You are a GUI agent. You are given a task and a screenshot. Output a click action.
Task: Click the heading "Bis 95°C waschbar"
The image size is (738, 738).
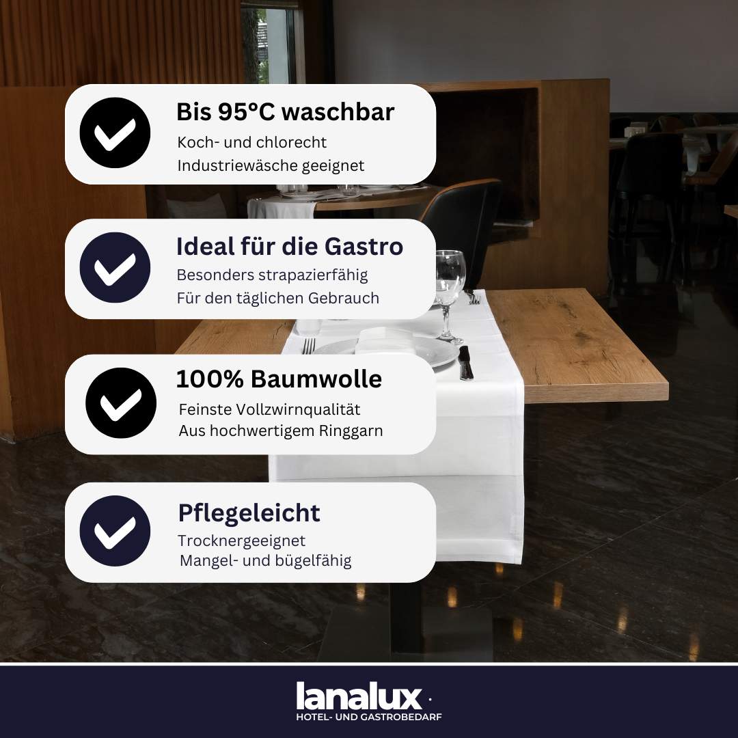pyautogui.click(x=285, y=112)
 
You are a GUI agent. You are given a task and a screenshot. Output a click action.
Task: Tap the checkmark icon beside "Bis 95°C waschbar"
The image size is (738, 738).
pyautogui.click(x=115, y=133)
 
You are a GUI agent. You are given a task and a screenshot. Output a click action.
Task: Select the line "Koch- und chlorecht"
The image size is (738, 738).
pyautogui.click(x=251, y=142)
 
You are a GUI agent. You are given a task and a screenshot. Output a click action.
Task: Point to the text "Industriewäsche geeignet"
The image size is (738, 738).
pyautogui.click(x=271, y=165)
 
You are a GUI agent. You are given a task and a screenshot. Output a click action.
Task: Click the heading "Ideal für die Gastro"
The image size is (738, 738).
pyautogui.click(x=290, y=247)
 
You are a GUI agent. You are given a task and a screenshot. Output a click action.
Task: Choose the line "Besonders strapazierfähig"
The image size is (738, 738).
pyautogui.click(x=272, y=275)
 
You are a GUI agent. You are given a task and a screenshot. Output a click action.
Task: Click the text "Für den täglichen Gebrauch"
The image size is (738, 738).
pyautogui.click(x=277, y=299)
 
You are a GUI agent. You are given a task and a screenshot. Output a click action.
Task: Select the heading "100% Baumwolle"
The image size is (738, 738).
pyautogui.click(x=279, y=379)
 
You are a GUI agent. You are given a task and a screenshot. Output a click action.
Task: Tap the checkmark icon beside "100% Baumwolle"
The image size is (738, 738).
pyautogui.click(x=121, y=403)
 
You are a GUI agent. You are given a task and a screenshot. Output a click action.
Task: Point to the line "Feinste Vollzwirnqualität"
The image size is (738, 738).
pyautogui.click(x=269, y=409)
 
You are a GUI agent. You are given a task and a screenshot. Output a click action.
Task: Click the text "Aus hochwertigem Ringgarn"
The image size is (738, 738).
pyautogui.click(x=281, y=431)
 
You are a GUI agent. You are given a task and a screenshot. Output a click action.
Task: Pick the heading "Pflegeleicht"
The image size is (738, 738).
pyautogui.click(x=249, y=513)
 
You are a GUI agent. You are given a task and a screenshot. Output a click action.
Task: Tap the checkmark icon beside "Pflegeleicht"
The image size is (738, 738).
pyautogui.click(x=115, y=531)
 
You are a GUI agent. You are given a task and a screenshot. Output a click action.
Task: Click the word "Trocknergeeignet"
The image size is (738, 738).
pyautogui.click(x=241, y=541)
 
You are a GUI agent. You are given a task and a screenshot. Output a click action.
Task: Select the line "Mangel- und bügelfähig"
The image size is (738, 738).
pyautogui.click(x=265, y=561)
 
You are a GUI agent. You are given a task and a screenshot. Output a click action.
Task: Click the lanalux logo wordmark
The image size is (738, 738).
pyautogui.click(x=359, y=696)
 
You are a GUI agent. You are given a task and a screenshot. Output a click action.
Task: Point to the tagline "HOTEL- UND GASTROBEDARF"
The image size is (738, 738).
pyautogui.click(x=368, y=717)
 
